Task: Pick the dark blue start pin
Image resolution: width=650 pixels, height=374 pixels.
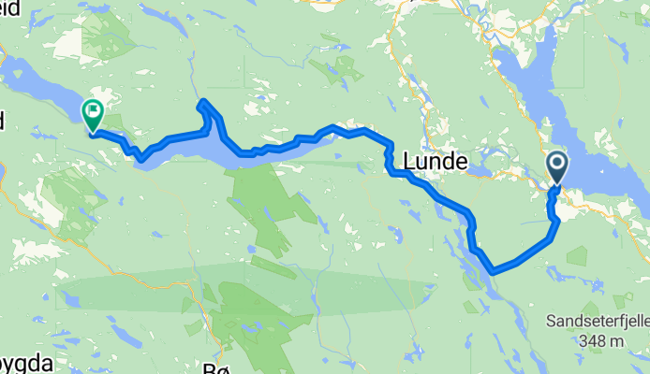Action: (556, 168)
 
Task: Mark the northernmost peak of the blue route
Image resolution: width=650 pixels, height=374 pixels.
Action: (203, 102)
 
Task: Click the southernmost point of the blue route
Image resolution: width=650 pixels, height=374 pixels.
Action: (493, 271)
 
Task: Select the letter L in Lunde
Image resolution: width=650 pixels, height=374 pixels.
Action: (409, 163)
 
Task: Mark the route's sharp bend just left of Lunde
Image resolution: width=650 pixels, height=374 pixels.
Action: (388, 164)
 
